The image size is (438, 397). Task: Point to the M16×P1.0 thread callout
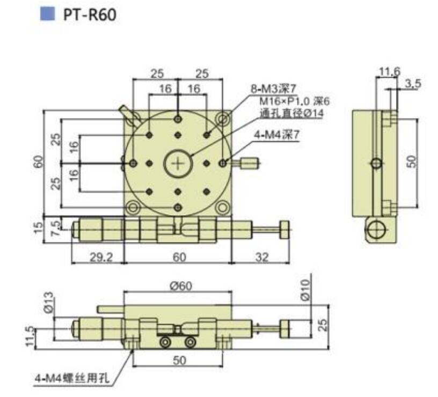287,102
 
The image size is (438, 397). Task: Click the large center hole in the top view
178,163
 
